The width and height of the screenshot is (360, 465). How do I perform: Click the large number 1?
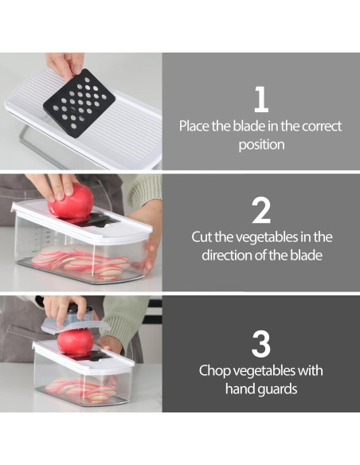[x=261, y=100]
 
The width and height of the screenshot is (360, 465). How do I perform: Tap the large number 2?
[x=261, y=210]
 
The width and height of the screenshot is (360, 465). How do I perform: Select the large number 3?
[x=261, y=344]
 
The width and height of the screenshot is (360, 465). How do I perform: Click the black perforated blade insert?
[x=79, y=103]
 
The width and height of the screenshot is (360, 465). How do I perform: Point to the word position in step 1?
[x=261, y=145]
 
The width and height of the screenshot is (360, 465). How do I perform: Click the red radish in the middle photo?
[x=71, y=201]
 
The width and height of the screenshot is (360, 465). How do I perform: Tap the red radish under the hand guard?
[x=76, y=341]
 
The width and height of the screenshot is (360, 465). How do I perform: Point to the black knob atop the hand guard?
[x=80, y=308]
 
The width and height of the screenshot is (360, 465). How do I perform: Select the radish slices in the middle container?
[x=80, y=262]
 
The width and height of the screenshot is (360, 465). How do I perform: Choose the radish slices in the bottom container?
[x=80, y=389]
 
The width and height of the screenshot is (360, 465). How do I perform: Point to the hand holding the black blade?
[x=65, y=64]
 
